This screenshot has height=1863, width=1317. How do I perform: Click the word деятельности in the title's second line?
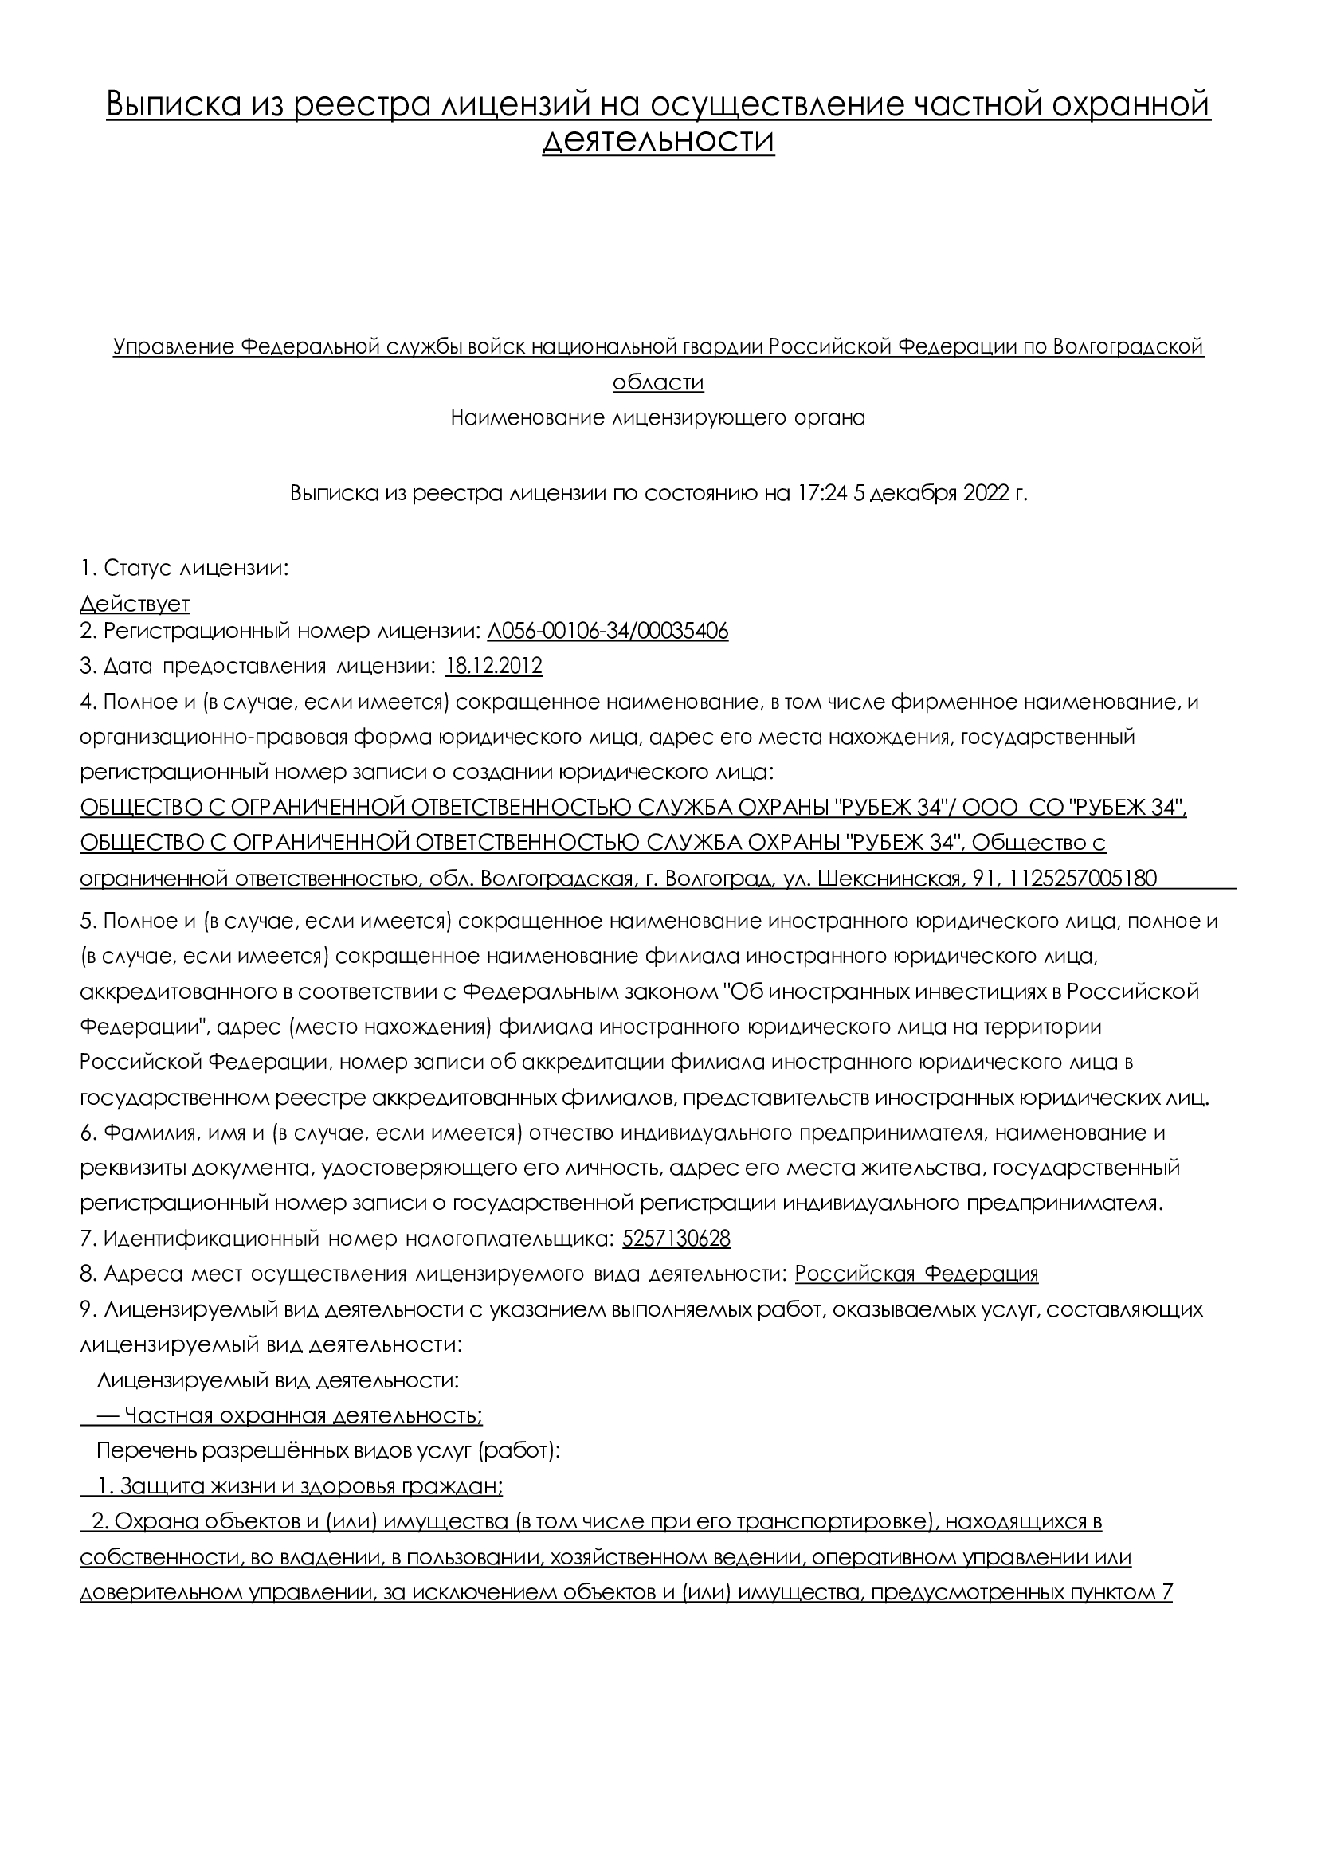coord(658,140)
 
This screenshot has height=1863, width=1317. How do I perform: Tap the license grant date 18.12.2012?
coord(493,666)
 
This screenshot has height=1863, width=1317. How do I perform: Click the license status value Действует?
coord(135,604)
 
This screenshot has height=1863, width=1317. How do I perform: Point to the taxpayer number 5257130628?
coord(676,1239)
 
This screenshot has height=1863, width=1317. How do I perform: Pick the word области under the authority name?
coord(658,382)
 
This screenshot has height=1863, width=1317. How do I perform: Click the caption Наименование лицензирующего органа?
coord(658,418)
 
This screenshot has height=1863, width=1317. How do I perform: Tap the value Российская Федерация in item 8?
coord(916,1273)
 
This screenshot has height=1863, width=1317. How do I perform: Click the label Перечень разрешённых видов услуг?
coord(328,1450)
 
